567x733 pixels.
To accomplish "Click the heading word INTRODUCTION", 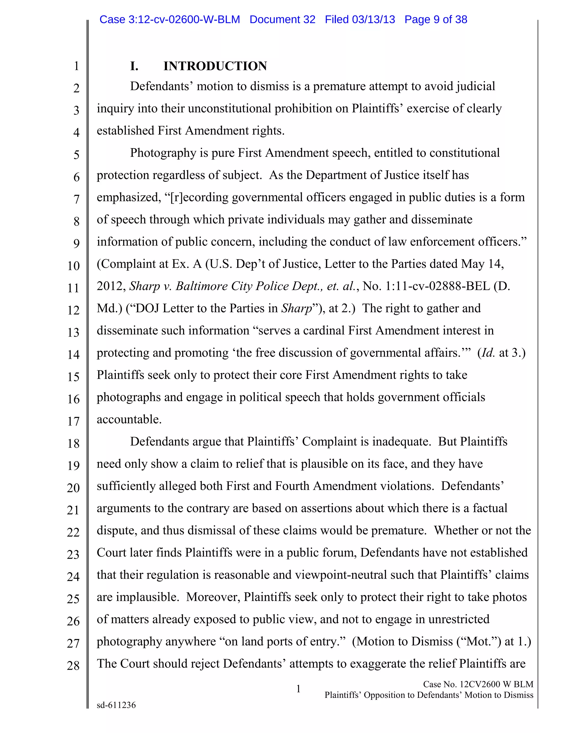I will (x=215, y=66).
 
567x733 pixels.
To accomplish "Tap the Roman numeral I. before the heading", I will (x=134, y=66).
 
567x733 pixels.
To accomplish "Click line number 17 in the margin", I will (x=73, y=421).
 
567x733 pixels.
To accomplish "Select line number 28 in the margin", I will (x=73, y=666).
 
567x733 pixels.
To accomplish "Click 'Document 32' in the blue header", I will (x=282, y=19).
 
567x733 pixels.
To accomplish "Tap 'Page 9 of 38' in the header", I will (x=436, y=19).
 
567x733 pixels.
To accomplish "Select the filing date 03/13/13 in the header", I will (x=373, y=19).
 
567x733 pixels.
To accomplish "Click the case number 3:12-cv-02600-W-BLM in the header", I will (x=184, y=19).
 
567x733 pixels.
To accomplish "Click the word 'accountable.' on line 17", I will (x=129, y=419).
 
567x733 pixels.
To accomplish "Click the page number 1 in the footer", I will (x=298, y=689).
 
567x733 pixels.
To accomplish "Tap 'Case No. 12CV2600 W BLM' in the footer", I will (x=478, y=684).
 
